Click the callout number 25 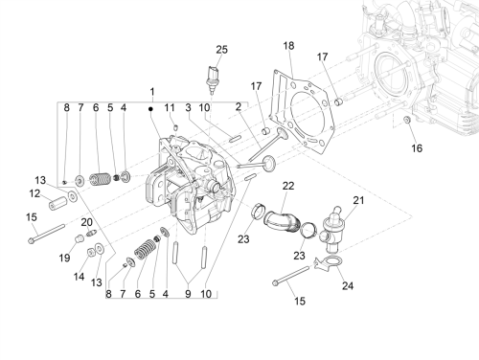click(x=221, y=50)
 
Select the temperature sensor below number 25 click(x=212, y=79)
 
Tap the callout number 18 click(x=288, y=46)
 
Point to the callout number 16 click(x=417, y=148)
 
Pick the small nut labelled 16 click(x=407, y=120)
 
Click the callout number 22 click(x=288, y=186)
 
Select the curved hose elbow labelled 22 click(x=282, y=221)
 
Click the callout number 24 click(x=348, y=285)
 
